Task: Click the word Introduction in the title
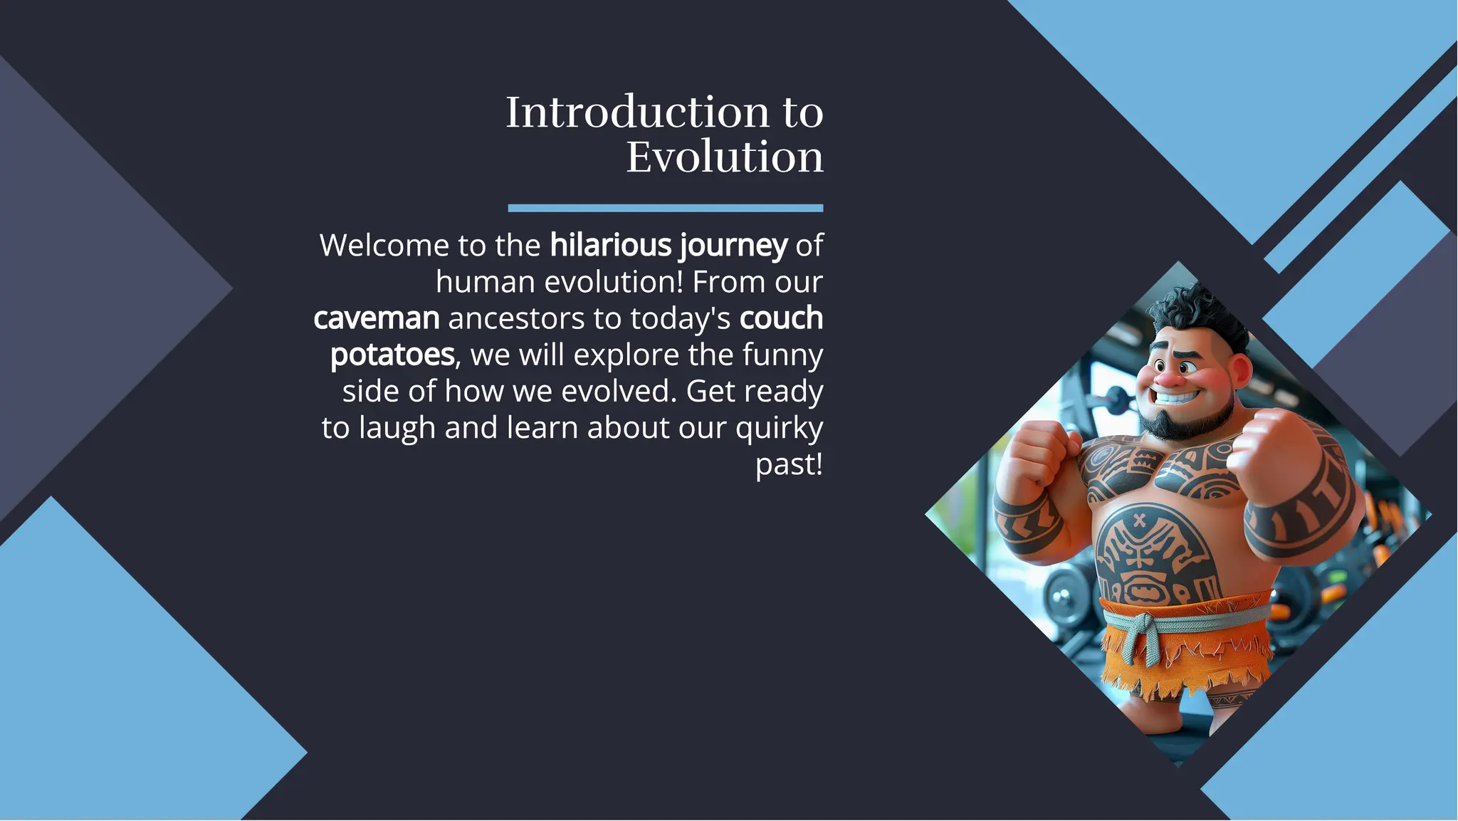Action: pyautogui.click(x=637, y=113)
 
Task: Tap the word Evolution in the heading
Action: pyautogui.click(x=724, y=157)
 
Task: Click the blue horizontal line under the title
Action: pyautogui.click(x=665, y=208)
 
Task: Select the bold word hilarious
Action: pyautogui.click(x=610, y=246)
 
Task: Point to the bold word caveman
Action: pyautogui.click(x=376, y=318)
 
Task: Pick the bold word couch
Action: pyautogui.click(x=780, y=318)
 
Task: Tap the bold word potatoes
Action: pyautogui.click(x=392, y=355)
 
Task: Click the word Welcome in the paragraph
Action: pyautogui.click(x=384, y=246)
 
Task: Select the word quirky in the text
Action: pyautogui.click(x=779, y=429)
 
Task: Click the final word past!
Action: pyautogui.click(x=788, y=465)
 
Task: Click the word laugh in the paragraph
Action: pyautogui.click(x=397, y=429)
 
